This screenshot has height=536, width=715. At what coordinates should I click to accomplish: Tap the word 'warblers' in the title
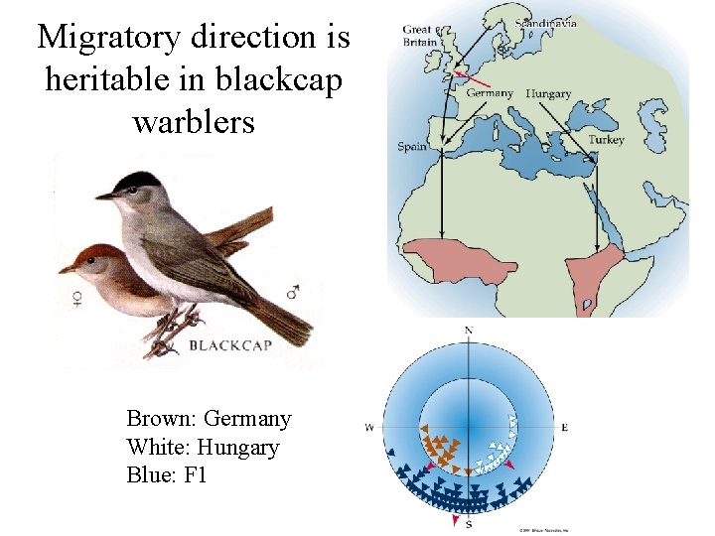coord(193,122)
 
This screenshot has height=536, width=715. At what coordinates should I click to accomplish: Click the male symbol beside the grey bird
coord(293,293)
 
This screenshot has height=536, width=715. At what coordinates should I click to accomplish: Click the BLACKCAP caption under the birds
coord(229,345)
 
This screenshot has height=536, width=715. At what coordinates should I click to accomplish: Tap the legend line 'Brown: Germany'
coord(209,419)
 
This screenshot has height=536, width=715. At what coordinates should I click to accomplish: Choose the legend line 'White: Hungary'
coord(203,447)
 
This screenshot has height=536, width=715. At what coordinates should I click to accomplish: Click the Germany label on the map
coord(490,93)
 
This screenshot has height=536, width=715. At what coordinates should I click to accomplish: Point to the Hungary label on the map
coord(548,93)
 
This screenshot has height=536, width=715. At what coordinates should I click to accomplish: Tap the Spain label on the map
coord(412,147)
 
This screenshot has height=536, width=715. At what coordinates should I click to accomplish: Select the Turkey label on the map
coord(606,140)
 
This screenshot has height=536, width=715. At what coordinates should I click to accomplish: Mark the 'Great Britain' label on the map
coord(418,36)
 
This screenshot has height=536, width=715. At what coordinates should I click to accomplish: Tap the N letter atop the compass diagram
coord(469,330)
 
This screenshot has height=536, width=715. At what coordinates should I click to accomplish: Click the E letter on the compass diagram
coord(565,428)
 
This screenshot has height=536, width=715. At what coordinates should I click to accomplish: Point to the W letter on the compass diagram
coord(369,428)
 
